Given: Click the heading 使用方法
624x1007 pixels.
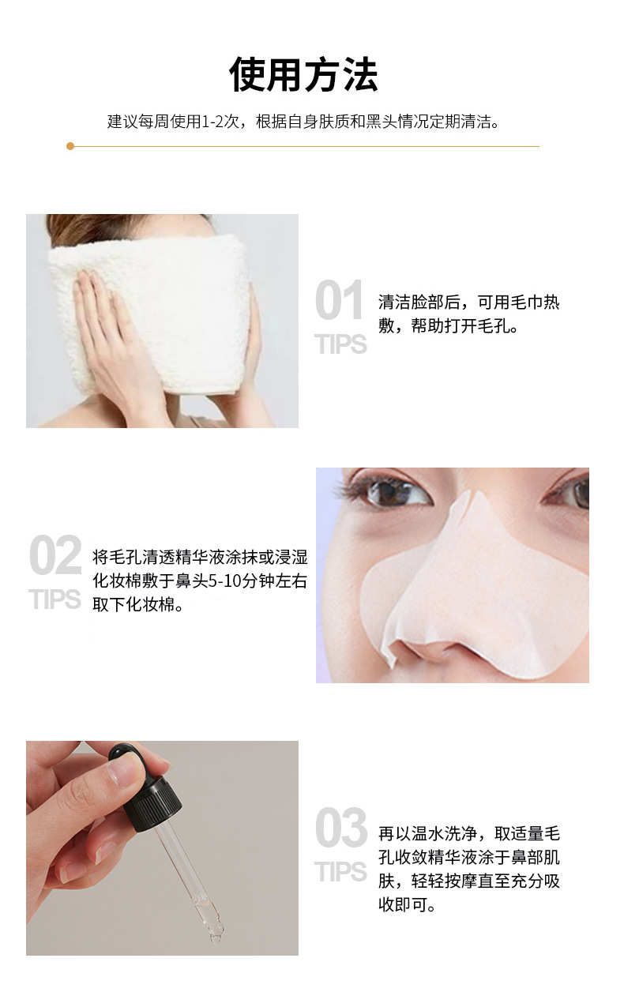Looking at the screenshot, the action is click(303, 74).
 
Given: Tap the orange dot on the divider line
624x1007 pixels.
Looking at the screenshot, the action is click(70, 146).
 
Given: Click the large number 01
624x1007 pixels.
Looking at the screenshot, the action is click(339, 300).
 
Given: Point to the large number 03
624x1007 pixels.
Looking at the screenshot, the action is click(341, 828).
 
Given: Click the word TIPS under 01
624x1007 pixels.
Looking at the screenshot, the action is click(340, 345).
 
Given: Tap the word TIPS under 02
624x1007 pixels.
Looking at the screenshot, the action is click(55, 599).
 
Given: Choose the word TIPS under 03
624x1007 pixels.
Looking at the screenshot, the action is click(340, 872).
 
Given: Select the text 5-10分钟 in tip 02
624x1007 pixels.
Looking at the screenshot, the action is click(242, 581).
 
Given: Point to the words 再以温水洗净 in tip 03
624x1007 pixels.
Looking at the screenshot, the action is click(427, 833).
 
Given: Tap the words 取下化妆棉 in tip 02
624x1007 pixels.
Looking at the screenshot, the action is click(133, 605).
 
